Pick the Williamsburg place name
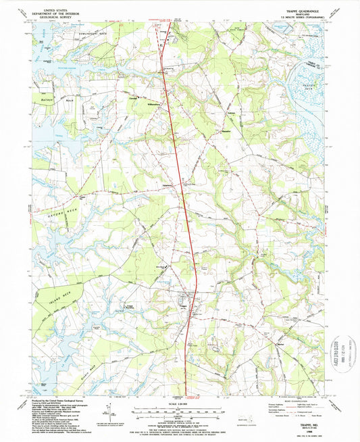click(x=155, y=105)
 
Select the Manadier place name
click(x=226, y=127)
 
